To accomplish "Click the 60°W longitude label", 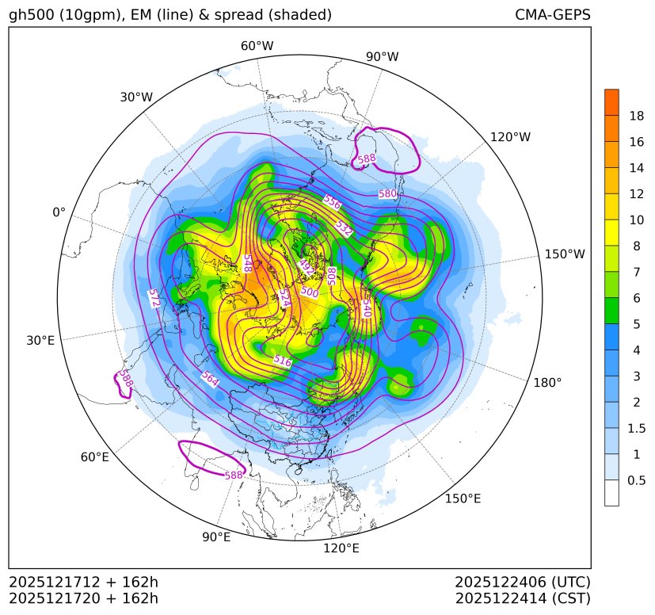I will (257, 46).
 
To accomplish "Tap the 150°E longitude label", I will (463, 498).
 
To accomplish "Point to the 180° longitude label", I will (547, 382).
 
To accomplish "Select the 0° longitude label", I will (59, 212).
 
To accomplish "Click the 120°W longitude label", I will (510, 137).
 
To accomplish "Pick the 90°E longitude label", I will (216, 537).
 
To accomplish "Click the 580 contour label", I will (387, 193).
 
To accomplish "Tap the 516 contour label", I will (282, 361).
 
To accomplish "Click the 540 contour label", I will (367, 307).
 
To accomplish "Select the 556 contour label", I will (332, 203).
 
